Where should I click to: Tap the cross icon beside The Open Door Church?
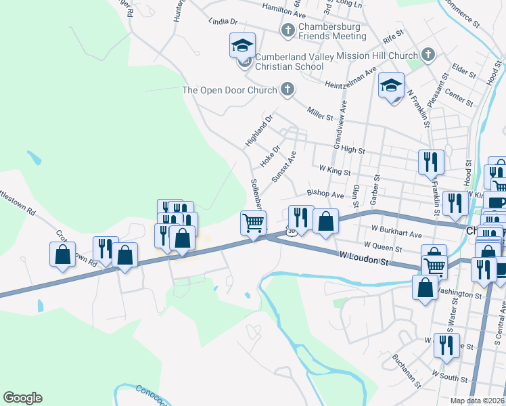click(287, 89)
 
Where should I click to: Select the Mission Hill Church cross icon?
click(428, 54)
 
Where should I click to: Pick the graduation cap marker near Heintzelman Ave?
click(391, 85)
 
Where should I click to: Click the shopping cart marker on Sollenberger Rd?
click(253, 223)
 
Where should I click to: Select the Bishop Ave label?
click(326, 194)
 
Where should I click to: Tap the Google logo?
click(22, 398)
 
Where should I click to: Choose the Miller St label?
click(320, 113)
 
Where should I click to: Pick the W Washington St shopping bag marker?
click(424, 287)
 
